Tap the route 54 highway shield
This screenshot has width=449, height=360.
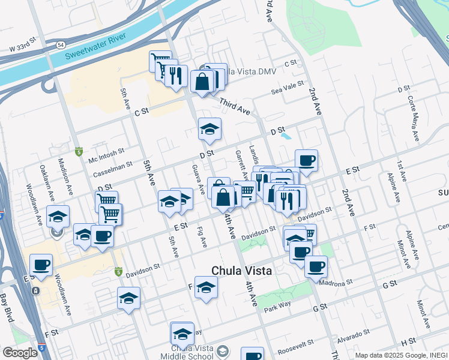point(61,45)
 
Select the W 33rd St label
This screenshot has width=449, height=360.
point(23,48)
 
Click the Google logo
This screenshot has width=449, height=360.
point(20,352)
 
